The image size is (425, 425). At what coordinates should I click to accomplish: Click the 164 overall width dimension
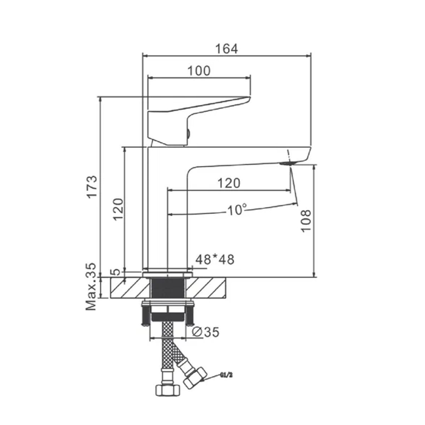coord(227,49)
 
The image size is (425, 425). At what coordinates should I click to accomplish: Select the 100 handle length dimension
coord(199,71)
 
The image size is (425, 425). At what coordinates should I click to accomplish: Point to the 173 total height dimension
coord(92,187)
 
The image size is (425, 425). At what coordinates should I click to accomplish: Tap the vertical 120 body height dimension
coord(118,209)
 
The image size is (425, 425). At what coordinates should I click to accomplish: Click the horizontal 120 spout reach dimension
coord(229,183)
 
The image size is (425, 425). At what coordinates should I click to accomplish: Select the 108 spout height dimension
coord(306,221)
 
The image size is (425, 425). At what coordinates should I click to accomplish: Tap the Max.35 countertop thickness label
coord(91,287)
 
